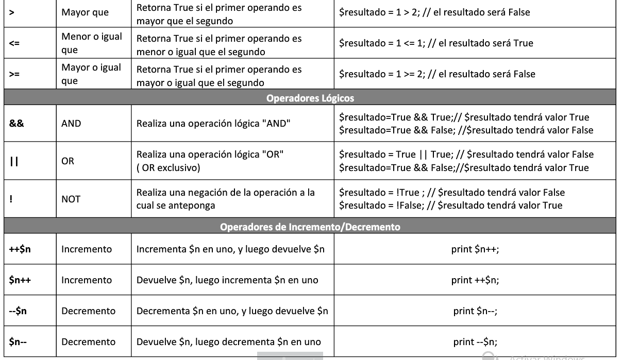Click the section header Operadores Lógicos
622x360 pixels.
pos(310,97)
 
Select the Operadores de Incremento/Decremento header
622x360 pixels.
pos(310,226)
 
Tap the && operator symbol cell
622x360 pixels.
pos(16,124)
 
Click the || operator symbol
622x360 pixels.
pos(14,161)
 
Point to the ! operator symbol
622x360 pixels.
pos(11,198)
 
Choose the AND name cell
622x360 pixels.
pos(71,124)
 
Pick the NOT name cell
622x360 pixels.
pos(71,199)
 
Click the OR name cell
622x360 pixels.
pos(68,161)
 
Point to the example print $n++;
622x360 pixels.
pos(475,249)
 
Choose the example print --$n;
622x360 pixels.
pos(475,341)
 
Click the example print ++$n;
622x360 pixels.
pos(475,280)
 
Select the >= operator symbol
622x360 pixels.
pos(14,74)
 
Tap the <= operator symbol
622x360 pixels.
pos(14,44)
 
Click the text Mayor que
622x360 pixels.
pos(85,12)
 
